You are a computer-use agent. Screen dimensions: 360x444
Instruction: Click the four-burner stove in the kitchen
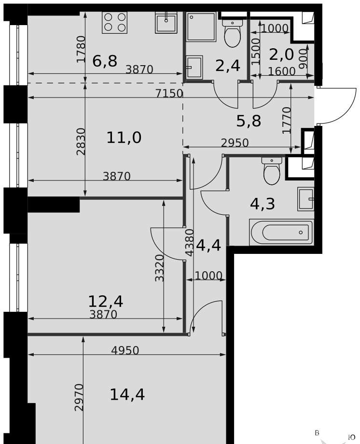[115, 22]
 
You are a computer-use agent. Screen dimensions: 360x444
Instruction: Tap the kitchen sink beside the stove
[166, 22]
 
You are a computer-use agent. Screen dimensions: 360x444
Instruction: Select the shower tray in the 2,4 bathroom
[201, 27]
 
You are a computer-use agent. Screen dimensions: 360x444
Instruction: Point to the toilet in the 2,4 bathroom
[232, 32]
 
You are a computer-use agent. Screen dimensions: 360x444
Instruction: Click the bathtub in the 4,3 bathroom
[281, 232]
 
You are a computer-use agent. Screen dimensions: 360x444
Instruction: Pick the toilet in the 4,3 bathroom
[271, 171]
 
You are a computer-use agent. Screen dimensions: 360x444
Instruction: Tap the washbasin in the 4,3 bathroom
[305, 199]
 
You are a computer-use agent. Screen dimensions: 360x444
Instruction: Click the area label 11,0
[124, 138]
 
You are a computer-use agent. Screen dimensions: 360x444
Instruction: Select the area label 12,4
[106, 301]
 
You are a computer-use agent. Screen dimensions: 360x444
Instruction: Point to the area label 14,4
[127, 394]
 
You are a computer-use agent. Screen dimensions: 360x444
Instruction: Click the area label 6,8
[105, 61]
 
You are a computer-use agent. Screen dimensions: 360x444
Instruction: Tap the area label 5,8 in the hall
[249, 122]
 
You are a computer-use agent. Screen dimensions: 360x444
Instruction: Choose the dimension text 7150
[169, 94]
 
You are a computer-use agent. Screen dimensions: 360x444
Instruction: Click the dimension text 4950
[125, 350]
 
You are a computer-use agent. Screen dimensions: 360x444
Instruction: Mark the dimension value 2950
[235, 143]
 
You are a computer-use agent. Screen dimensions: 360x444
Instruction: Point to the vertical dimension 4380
[190, 243]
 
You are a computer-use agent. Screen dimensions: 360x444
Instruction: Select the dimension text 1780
[81, 49]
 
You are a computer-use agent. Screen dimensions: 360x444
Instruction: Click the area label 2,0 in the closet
[281, 55]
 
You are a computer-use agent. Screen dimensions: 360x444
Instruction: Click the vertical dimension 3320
[159, 268]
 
